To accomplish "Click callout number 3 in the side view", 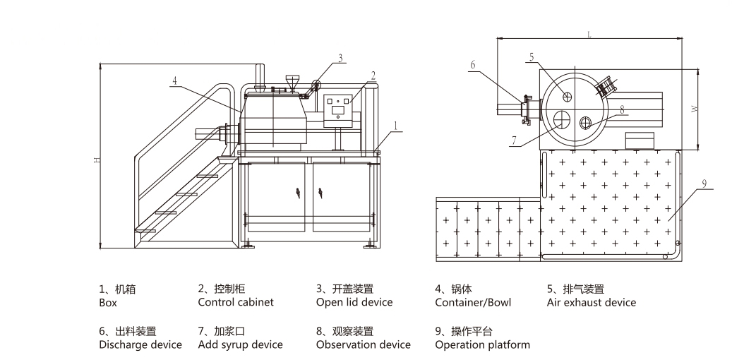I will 340,58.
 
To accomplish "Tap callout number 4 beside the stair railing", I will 174,80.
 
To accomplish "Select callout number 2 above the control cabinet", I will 373,75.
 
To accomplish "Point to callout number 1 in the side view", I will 397,126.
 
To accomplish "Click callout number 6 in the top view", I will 473,65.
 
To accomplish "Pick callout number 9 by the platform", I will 704,183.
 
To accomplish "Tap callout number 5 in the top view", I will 532,58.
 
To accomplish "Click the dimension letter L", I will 588,33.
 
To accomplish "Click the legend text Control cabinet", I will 235,302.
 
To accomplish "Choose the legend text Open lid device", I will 354,302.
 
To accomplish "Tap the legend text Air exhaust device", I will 591,302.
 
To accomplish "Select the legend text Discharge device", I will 140,344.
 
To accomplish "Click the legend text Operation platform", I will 482,344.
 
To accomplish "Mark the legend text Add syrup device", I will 240,344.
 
